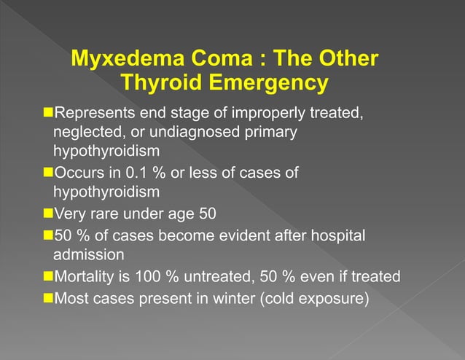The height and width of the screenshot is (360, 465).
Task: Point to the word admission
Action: click(x=88, y=255)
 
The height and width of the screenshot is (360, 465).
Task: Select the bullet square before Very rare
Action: click(x=49, y=215)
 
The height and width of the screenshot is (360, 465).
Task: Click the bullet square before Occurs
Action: click(x=49, y=173)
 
